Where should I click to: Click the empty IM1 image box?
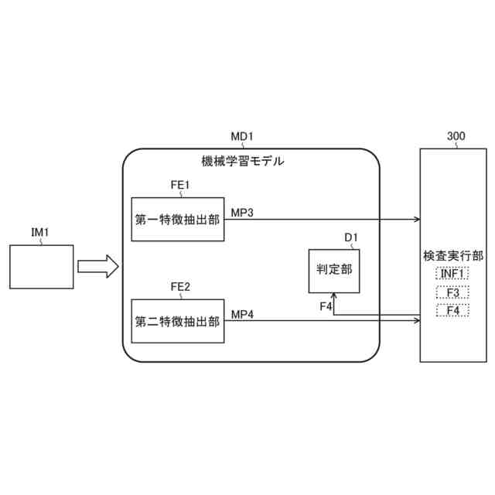coord(42,266)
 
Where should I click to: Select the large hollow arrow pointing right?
coord(97,267)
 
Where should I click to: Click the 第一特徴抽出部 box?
coord(177,219)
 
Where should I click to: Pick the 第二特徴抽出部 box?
coord(177,319)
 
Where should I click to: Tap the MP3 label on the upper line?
coord(242,212)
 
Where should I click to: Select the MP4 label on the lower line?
coord(242,313)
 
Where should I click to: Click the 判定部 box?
coord(334,270)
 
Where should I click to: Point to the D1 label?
coord(350,237)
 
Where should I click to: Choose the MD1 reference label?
coord(242,137)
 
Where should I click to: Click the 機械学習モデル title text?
coord(242,162)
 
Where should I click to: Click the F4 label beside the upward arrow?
coord(326,307)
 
